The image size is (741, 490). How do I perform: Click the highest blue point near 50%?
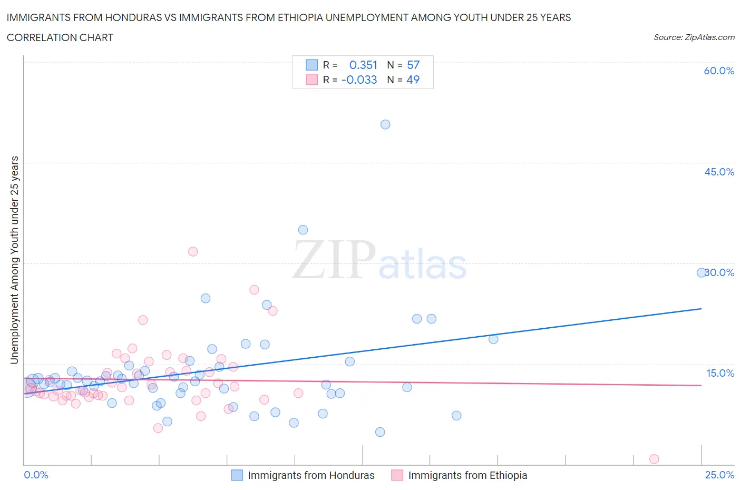[x=385, y=124]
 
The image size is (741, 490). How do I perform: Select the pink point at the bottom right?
[x=654, y=459]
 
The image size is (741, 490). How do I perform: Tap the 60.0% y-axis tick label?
[x=719, y=71]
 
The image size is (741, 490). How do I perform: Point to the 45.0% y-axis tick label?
[x=719, y=172]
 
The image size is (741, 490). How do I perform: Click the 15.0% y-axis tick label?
[x=720, y=373]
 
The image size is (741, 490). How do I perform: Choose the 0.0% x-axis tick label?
[x=36, y=475]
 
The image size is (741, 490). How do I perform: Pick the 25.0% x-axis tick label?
[x=719, y=475]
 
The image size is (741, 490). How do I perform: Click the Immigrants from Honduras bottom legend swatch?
[x=237, y=475]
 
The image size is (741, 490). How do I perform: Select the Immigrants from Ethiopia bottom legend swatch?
[x=397, y=475]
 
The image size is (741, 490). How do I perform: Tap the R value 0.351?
[x=363, y=65]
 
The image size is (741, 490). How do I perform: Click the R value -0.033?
[x=359, y=80]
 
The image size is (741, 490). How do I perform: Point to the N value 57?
[x=413, y=65]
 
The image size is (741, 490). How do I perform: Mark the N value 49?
[x=413, y=80]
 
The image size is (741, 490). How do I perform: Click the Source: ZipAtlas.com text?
[x=694, y=37]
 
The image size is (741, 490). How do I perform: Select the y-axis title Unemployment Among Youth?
[x=14, y=260]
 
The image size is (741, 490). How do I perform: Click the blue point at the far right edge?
[x=701, y=272]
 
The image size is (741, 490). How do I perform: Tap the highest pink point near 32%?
[x=193, y=251]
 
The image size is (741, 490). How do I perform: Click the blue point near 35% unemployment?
[x=303, y=230]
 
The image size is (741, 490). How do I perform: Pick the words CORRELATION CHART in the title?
[x=60, y=37]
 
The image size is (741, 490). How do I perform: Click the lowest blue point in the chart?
[x=380, y=432]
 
